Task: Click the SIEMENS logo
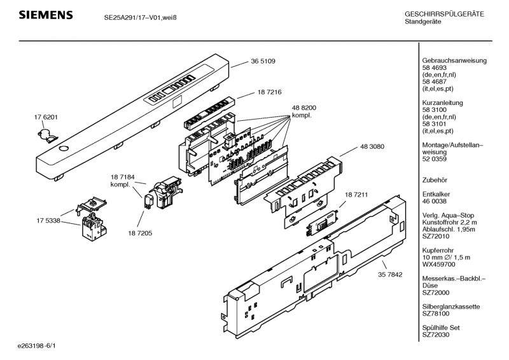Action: tap(46, 15)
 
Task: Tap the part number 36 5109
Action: tap(263, 61)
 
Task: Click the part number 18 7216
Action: tap(269, 92)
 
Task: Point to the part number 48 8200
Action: tap(304, 107)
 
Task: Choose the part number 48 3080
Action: tap(372, 147)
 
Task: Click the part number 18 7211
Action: tap(356, 195)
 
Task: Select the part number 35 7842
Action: tap(390, 275)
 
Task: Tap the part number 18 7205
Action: tap(140, 233)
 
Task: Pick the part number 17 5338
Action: tap(48, 221)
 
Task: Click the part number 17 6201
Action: tap(46, 117)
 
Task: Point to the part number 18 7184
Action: tap(122, 177)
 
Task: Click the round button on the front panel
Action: tap(64, 149)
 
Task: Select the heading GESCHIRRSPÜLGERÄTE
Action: tap(444, 14)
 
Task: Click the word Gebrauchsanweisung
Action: tap(454, 60)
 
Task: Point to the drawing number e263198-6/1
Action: tap(37, 346)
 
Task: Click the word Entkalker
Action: tap(436, 194)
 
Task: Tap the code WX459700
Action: tap(438, 265)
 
